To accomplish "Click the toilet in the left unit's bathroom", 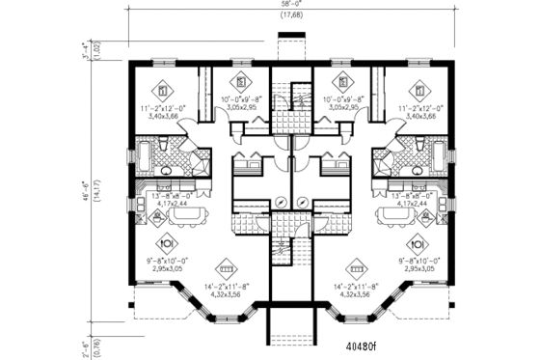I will coord(165,145).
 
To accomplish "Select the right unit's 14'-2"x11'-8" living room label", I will coord(358,287).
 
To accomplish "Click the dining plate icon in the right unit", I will coord(418,243).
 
